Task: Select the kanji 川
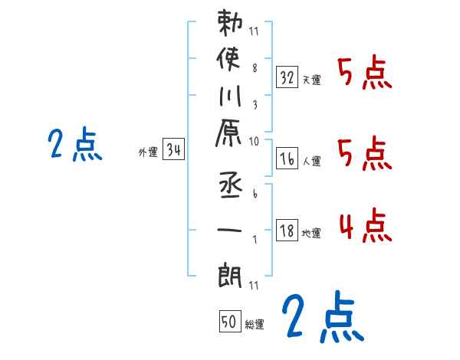point(231,98)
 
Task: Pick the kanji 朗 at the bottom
point(232,273)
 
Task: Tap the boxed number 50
point(228,322)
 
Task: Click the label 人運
point(311,161)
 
